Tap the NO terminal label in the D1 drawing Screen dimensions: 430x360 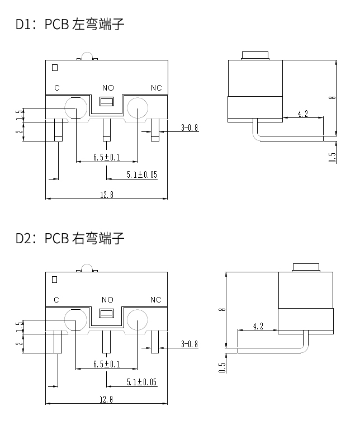(107, 88)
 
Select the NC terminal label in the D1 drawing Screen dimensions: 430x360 (156, 88)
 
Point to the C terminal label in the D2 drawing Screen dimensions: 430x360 (56, 300)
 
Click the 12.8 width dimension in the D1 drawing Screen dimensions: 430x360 (106, 195)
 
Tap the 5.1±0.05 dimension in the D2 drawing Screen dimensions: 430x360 (141, 382)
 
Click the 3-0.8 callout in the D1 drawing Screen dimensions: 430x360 (190, 127)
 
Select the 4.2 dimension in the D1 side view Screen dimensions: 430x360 (302, 114)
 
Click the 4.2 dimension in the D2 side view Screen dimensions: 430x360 (258, 326)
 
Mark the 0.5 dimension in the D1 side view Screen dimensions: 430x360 (333, 158)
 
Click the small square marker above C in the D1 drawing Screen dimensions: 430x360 (55, 68)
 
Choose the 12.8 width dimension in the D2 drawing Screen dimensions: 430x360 (106, 399)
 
